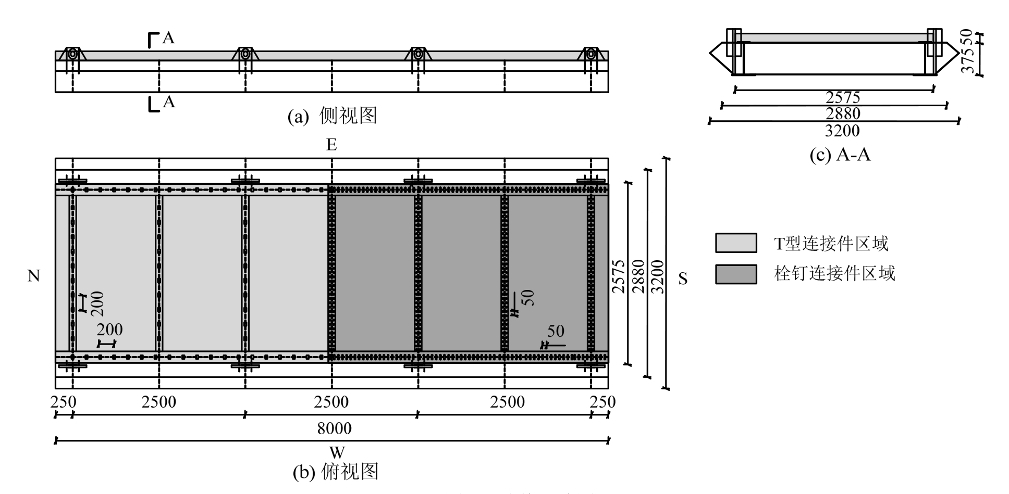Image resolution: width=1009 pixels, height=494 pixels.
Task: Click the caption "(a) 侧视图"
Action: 332,116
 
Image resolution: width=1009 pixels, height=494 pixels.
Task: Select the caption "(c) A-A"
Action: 840,155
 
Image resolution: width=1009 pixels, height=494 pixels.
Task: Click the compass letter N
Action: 34,276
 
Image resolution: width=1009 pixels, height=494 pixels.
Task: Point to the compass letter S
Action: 683,280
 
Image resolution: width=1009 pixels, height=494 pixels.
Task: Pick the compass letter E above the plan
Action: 331,145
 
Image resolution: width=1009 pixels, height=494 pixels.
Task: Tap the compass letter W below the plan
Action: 337,452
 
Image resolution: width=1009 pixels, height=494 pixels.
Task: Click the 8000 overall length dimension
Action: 334,428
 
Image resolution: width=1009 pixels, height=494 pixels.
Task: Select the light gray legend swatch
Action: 736,243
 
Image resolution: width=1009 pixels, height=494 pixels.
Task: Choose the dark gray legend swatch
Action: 736,274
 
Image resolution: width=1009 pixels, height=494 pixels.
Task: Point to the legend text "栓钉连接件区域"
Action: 834,274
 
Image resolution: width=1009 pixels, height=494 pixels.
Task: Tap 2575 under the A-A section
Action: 843,97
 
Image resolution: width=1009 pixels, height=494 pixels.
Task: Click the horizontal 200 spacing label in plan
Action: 109,330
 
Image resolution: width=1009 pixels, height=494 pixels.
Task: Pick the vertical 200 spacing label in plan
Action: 97,303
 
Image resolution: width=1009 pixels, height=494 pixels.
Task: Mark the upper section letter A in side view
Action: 168,38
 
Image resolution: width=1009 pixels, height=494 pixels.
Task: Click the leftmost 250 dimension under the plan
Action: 63,402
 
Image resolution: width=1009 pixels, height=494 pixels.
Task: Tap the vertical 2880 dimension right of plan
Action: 638,276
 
